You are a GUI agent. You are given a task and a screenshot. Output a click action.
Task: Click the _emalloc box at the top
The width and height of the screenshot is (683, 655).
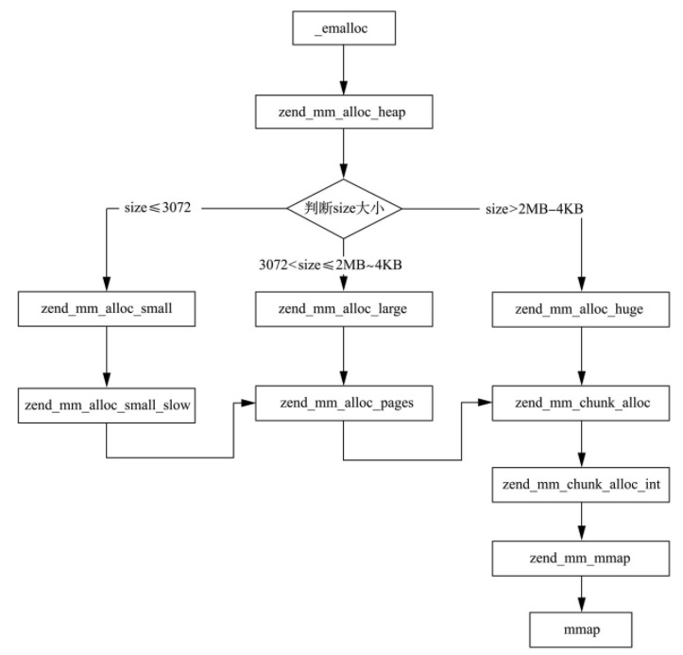coord(344,28)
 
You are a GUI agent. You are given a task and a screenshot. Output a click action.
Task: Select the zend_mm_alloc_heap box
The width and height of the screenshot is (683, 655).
coord(344,112)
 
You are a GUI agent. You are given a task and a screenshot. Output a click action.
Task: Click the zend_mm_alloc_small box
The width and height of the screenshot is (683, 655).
coord(106,307)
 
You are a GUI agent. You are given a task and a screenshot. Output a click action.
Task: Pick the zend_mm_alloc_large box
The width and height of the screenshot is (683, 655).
coord(344,307)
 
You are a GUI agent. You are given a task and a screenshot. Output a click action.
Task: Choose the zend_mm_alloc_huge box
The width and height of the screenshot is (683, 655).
coord(580,308)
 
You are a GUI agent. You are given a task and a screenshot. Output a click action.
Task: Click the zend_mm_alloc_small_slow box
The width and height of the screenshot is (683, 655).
coord(106,405)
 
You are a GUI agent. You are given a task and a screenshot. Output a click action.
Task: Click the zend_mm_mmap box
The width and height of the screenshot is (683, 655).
coord(580,559)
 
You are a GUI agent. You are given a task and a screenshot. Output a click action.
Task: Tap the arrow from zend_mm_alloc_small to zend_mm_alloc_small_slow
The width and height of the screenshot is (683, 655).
coord(106,355)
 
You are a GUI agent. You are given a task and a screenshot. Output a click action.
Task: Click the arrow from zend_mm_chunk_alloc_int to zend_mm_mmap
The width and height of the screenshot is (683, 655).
coord(580,521)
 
